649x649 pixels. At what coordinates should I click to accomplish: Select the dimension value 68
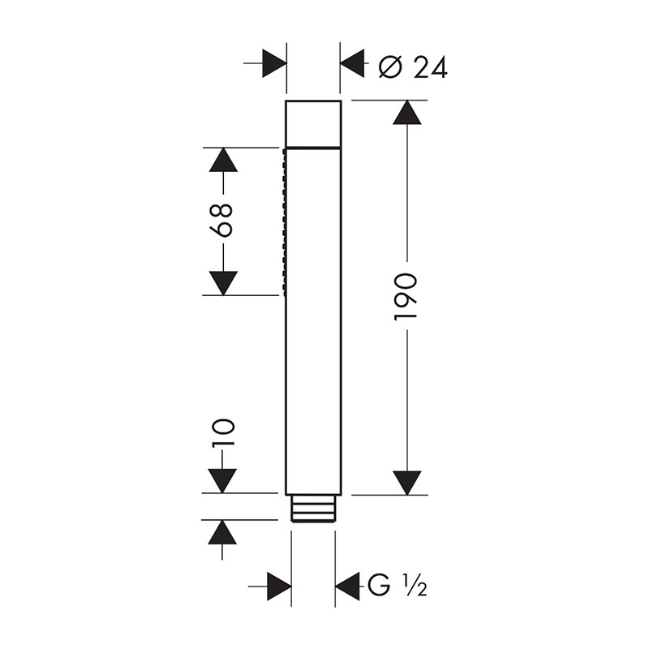pos(221,220)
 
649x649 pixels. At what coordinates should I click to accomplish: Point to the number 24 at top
pos(431,67)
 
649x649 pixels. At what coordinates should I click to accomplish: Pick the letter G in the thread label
pos(379,585)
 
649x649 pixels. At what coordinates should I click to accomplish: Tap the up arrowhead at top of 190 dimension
pos(407,112)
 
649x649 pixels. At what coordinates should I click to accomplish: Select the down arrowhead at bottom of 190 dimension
pos(407,483)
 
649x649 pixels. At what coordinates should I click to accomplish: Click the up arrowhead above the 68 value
pos(223,159)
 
